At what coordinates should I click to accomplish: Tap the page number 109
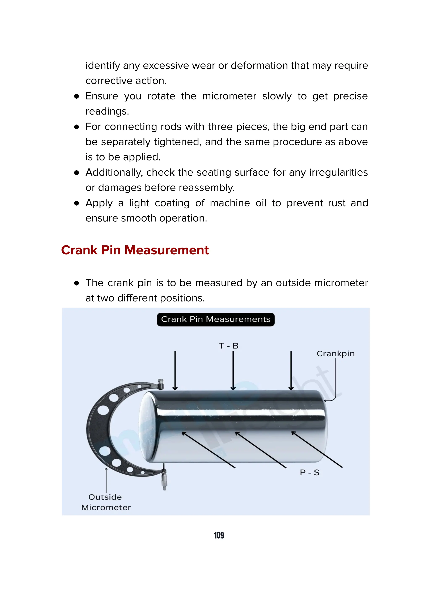[219, 535]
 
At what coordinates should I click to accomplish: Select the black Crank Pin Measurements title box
[216, 319]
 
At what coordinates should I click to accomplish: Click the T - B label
[229, 346]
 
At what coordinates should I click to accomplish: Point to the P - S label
[309, 472]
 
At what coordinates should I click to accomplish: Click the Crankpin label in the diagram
[336, 354]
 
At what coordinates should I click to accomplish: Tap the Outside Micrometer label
[106, 502]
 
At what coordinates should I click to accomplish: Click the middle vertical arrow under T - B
[233, 371]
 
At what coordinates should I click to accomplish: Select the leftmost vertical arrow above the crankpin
[175, 371]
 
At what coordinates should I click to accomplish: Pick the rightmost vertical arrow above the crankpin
[291, 371]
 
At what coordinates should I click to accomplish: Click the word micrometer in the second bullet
[229, 96]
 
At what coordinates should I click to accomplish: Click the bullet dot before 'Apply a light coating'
[77, 203]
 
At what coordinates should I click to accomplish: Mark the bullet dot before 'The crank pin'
[77, 283]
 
